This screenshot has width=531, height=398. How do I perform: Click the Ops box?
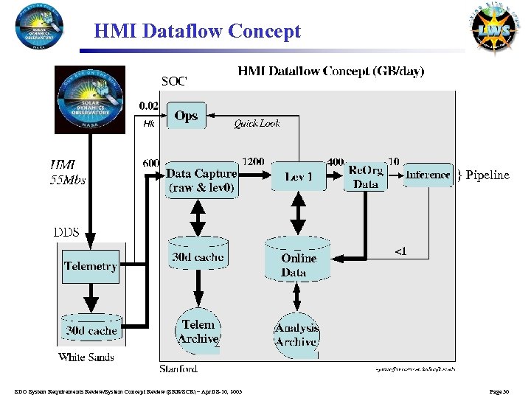pos(186,116)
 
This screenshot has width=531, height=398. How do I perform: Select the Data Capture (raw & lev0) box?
pos(201,180)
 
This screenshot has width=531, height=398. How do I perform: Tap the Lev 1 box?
pos(297,177)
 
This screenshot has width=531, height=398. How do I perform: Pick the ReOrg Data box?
pos(365,177)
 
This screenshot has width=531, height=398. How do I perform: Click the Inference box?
pos(428,175)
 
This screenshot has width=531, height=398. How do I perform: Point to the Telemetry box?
pos(91,266)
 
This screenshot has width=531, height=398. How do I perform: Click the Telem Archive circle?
pos(198,332)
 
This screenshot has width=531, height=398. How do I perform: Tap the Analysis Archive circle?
pos(296,335)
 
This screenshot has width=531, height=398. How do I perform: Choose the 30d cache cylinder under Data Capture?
pos(198,257)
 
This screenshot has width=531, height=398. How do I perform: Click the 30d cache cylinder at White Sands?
pos(91,330)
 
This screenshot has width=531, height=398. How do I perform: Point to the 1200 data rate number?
pos(253,161)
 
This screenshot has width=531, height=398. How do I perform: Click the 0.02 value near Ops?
pos(149,105)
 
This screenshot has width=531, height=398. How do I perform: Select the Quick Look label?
pos(257,124)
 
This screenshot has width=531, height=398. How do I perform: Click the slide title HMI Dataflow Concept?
pos(198,32)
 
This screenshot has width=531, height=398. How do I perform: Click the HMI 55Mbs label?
pos(67,172)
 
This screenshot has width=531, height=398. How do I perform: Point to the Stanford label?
pos(178,368)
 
